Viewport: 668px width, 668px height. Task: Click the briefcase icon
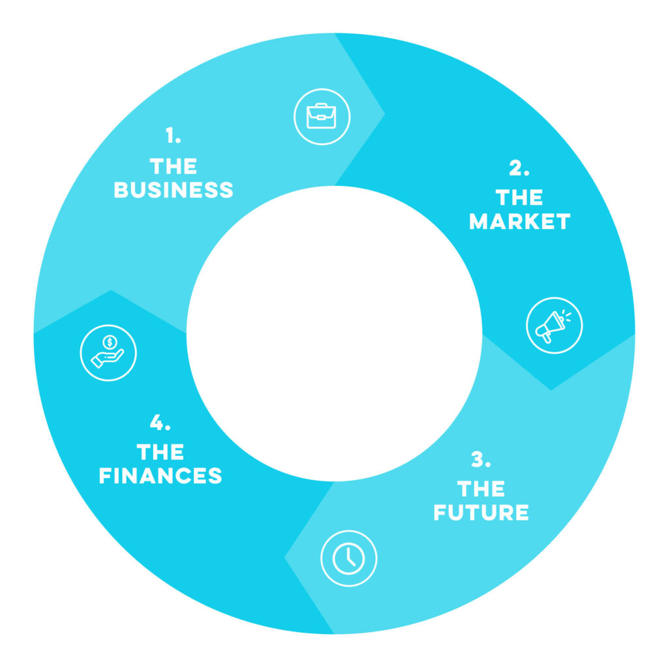(x=322, y=116)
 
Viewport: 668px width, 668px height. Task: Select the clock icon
(x=348, y=558)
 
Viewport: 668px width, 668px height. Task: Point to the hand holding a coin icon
(x=108, y=353)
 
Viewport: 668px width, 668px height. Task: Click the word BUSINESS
(x=174, y=190)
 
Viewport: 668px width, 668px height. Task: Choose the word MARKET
(x=519, y=221)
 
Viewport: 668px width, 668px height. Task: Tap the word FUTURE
(x=481, y=512)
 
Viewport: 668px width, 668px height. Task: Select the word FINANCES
(x=160, y=476)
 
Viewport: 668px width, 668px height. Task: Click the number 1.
(x=173, y=135)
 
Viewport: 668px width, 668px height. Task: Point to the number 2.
(x=519, y=168)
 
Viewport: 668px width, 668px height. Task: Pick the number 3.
(x=481, y=459)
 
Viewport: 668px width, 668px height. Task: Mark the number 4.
(x=160, y=422)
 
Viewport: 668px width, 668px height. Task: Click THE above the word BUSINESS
(x=174, y=166)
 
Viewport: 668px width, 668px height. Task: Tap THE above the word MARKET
(x=519, y=198)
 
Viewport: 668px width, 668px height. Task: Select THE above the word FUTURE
(x=481, y=489)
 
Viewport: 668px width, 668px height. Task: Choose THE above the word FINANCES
(x=160, y=452)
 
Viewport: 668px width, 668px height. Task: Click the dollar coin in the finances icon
(x=110, y=342)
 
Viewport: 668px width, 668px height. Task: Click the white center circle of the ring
(x=334, y=333)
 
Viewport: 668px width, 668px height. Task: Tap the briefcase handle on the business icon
(x=321, y=105)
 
